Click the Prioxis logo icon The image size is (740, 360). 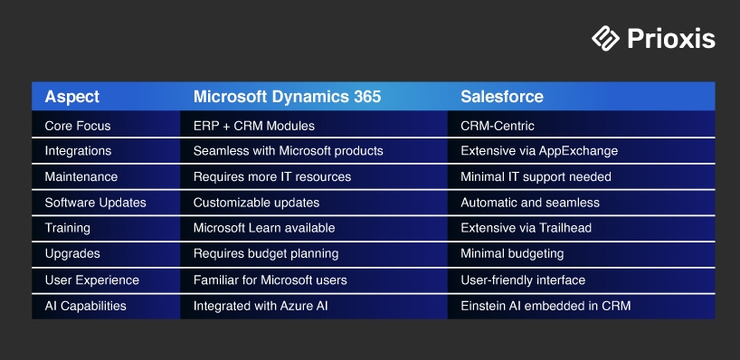[605, 38]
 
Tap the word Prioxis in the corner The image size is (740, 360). [671, 39]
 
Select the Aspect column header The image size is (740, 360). [72, 97]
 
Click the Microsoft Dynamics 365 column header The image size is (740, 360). [287, 96]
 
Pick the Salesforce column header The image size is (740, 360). [502, 96]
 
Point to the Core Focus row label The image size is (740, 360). [78, 126]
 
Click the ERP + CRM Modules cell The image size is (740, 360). [254, 126]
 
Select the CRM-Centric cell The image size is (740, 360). [498, 126]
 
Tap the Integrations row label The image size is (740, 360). [78, 151]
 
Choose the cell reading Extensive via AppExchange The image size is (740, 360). [539, 151]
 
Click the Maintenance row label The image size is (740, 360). [81, 177]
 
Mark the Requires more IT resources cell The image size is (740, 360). [272, 177]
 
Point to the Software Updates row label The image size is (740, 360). [95, 203]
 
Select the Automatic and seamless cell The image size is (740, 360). [530, 203]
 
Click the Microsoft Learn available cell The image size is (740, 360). [264, 228]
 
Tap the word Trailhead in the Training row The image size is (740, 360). [564, 228]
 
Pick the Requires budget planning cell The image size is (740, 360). [266, 254]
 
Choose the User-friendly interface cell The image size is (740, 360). [523, 280]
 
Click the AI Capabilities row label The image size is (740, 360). [85, 307]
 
